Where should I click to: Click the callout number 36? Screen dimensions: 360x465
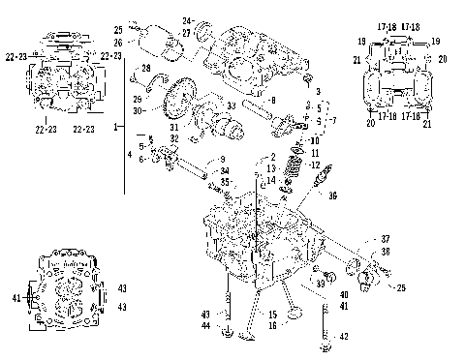click(x=333, y=195)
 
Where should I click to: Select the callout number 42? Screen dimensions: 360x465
click(x=342, y=336)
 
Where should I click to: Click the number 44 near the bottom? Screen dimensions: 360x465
click(x=204, y=325)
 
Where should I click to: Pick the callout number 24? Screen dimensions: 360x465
click(x=187, y=20)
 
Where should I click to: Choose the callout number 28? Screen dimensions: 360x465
click(x=146, y=67)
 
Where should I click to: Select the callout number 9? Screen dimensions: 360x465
click(x=222, y=159)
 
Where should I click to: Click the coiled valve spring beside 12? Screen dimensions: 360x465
click(x=292, y=166)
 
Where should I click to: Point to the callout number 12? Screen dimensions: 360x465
click(x=314, y=165)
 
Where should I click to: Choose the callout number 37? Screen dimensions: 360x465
click(x=385, y=238)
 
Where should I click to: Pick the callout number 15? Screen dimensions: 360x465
click(x=273, y=315)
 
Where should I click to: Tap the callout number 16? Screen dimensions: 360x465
click(x=273, y=326)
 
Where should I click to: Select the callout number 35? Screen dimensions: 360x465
click(x=224, y=181)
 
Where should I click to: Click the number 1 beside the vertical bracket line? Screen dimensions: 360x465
click(x=117, y=127)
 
